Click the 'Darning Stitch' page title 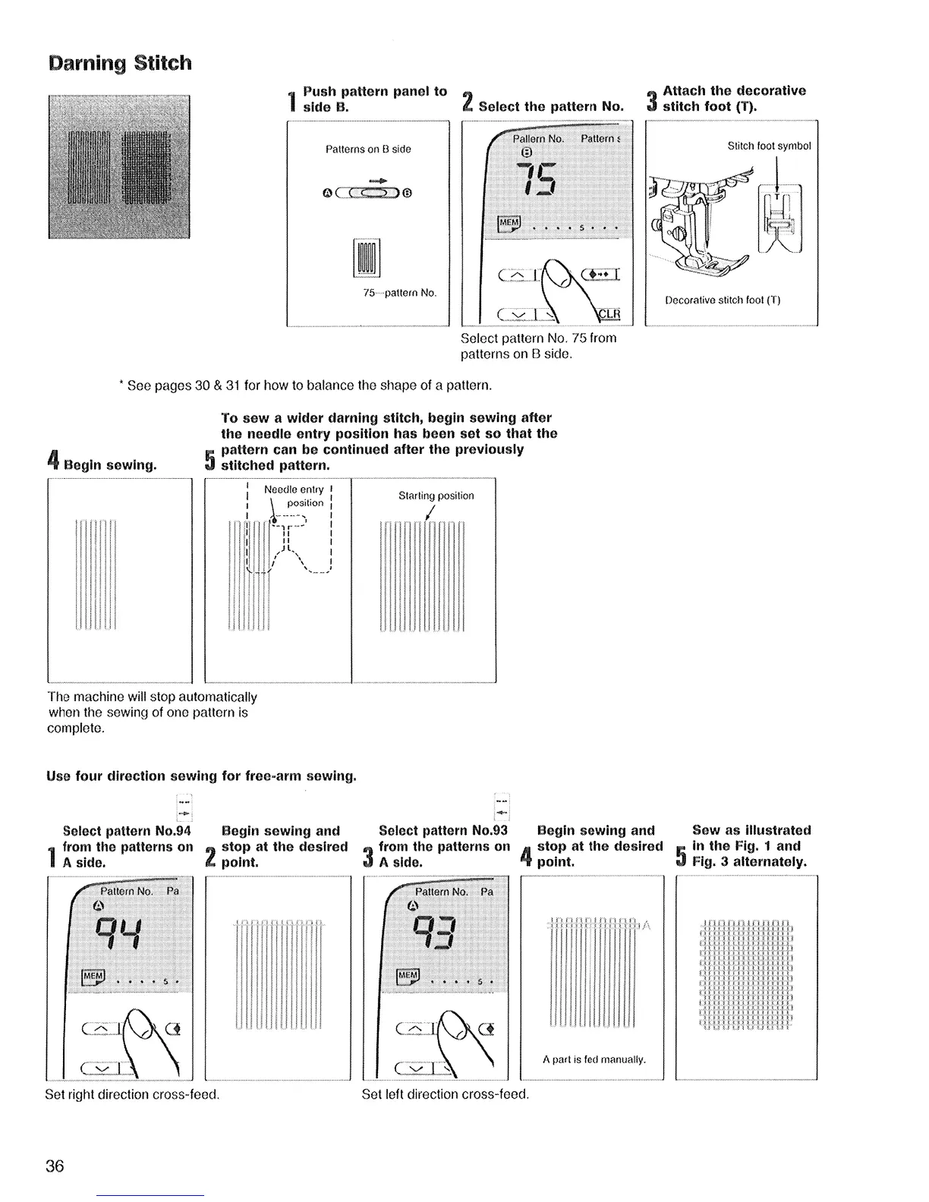pyautogui.click(x=119, y=62)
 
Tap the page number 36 pyautogui.click(x=55, y=1166)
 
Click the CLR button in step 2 pyautogui.click(x=609, y=314)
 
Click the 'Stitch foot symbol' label pyautogui.click(x=769, y=146)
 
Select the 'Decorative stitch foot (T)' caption pyautogui.click(x=723, y=300)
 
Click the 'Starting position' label pyautogui.click(x=436, y=496)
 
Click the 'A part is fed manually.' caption pyautogui.click(x=594, y=1059)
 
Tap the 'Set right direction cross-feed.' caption pyautogui.click(x=133, y=1095)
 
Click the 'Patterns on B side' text pyautogui.click(x=368, y=149)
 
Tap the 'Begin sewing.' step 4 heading pyautogui.click(x=111, y=464)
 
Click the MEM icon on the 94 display pyautogui.click(x=93, y=977)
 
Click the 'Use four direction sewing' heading pyautogui.click(x=201, y=776)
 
